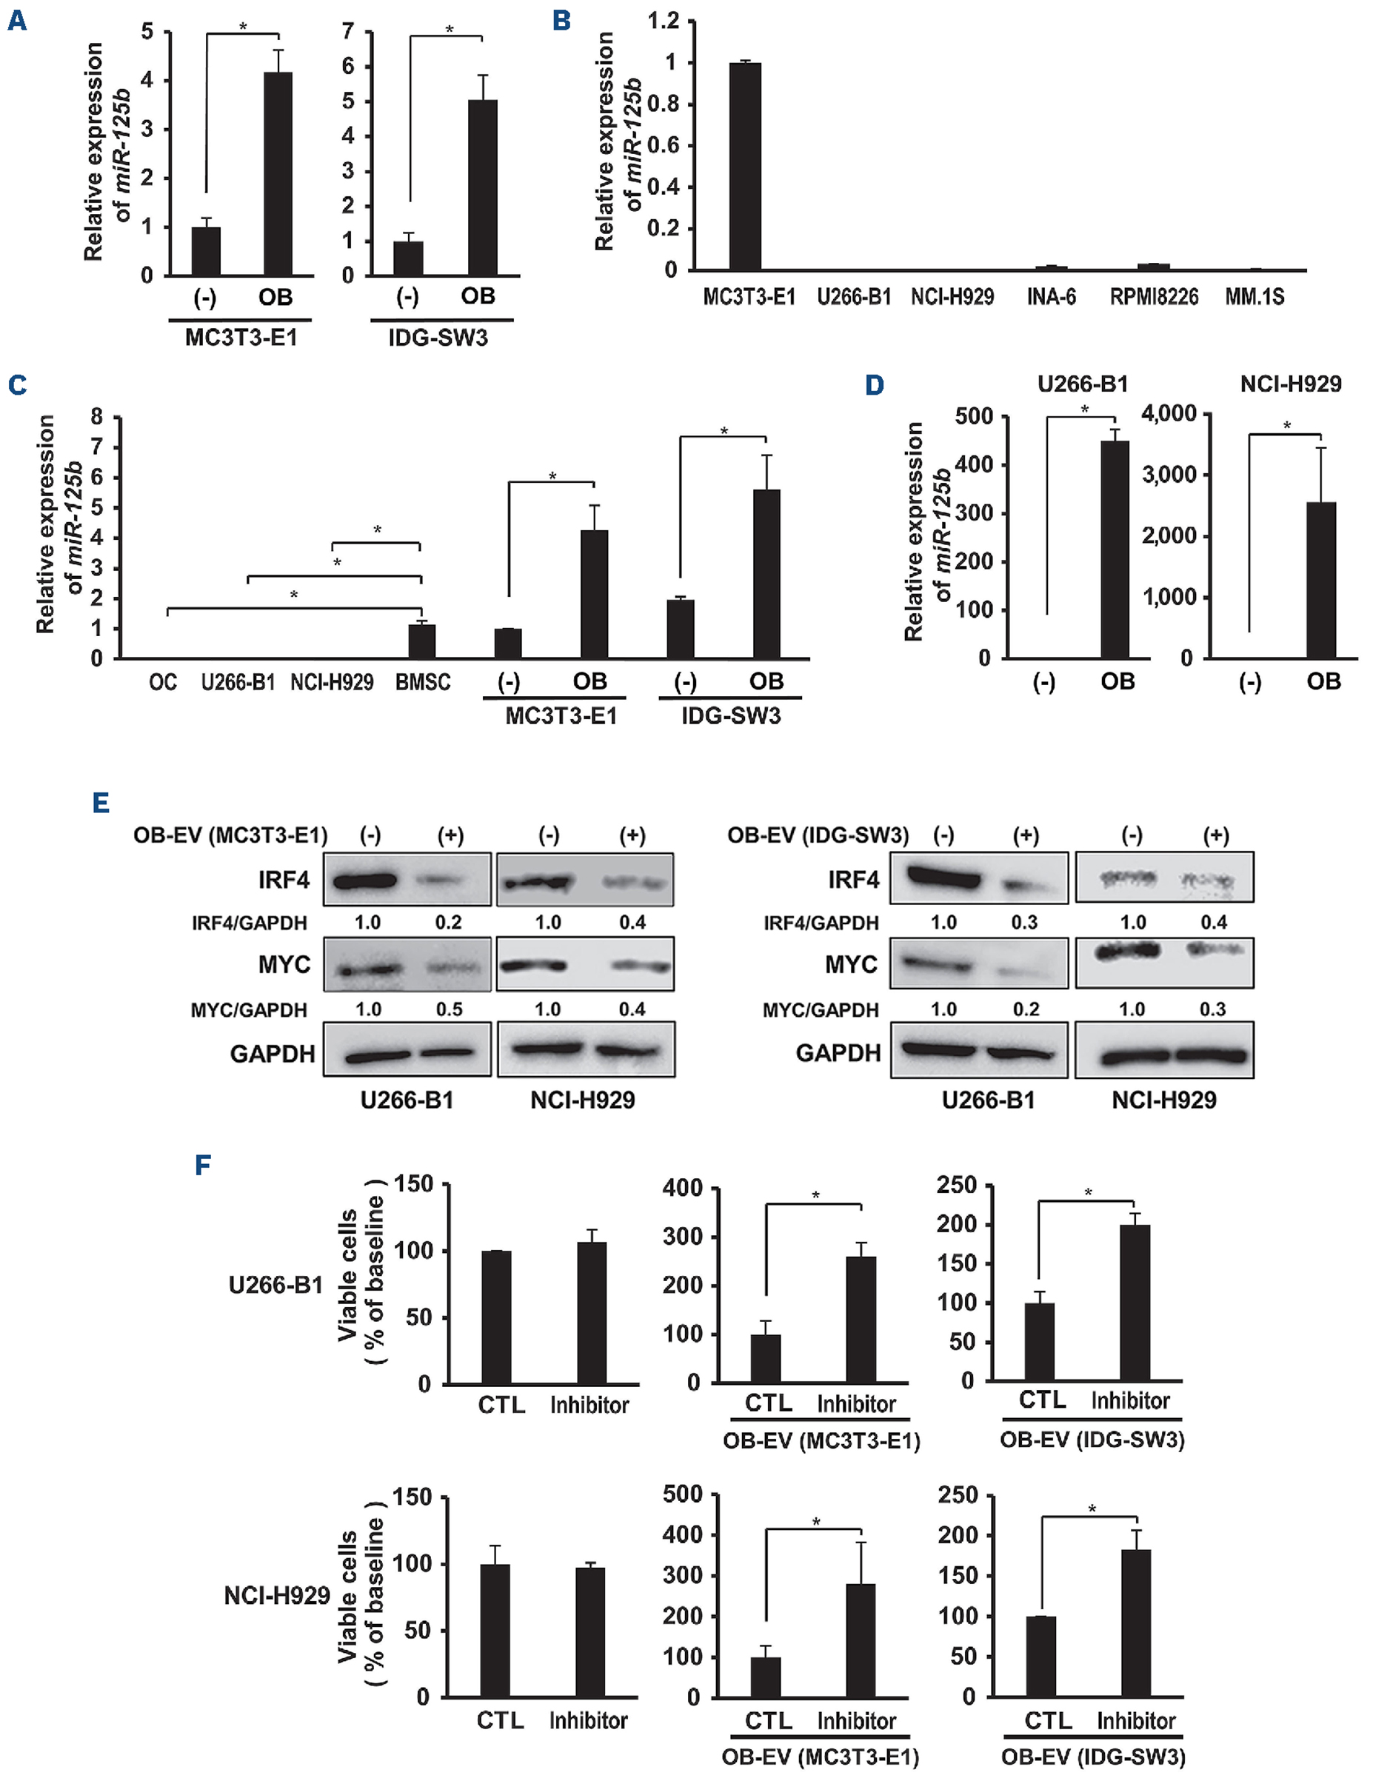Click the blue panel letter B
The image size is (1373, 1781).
click(x=561, y=21)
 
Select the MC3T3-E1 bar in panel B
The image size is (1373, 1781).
click(x=744, y=167)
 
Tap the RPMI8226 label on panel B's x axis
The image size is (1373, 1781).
click(x=1154, y=298)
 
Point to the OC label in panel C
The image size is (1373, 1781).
click(x=163, y=682)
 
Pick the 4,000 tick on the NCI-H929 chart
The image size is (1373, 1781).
click(x=1169, y=413)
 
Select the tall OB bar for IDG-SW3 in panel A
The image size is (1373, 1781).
click(x=482, y=187)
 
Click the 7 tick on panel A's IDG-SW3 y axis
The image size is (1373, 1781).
click(x=348, y=32)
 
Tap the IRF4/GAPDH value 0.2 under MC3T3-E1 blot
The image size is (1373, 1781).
click(x=449, y=922)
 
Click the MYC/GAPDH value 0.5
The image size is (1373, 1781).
click(x=450, y=1009)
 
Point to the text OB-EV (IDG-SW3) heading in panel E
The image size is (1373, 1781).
click(x=818, y=835)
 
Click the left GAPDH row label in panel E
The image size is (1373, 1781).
click(x=273, y=1054)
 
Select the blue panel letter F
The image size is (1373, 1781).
click(x=203, y=1163)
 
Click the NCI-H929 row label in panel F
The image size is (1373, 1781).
click(x=277, y=1596)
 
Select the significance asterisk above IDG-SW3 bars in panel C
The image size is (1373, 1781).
click(x=724, y=432)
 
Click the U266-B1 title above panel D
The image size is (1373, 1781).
click(x=1082, y=384)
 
